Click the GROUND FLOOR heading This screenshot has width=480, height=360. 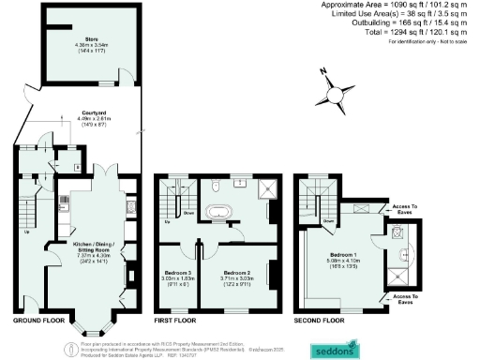tap(40, 321)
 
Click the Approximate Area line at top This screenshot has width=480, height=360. tap(399, 6)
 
